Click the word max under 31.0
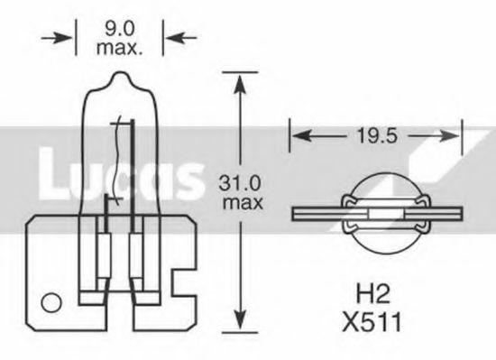click(240, 203)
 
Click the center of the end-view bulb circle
click(378, 213)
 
